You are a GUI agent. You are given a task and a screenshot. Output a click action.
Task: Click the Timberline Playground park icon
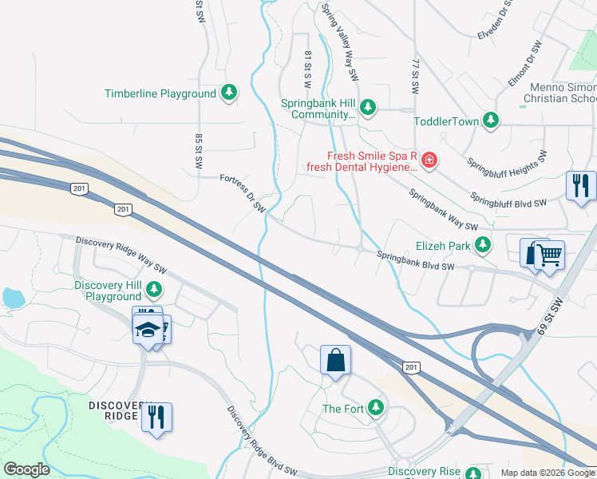(229, 93)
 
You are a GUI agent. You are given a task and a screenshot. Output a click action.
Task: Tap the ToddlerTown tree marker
(491, 121)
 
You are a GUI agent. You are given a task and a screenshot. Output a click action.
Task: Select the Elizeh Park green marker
(482, 245)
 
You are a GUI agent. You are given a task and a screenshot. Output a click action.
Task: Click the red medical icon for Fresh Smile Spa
(429, 160)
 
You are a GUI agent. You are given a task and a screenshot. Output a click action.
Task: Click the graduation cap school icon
(148, 329)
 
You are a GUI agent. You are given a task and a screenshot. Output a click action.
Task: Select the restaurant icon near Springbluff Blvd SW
(580, 186)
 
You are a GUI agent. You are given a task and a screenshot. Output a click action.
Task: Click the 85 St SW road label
(198, 149)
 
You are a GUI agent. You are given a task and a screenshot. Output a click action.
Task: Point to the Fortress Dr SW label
(243, 194)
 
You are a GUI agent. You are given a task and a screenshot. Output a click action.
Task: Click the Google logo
(26, 469)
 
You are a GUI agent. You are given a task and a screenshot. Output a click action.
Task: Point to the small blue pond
(12, 299)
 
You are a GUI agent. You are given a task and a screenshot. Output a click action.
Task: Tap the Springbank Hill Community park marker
(368, 106)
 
